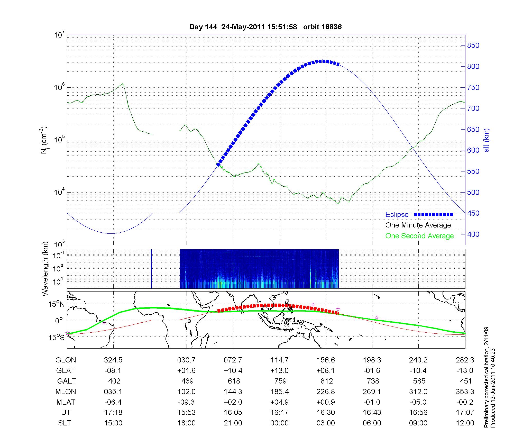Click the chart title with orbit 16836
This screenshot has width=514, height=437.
click(x=265, y=27)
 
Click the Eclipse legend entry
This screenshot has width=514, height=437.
click(x=397, y=215)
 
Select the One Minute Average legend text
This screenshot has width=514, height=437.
click(x=418, y=225)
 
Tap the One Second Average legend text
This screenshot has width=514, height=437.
click(x=419, y=236)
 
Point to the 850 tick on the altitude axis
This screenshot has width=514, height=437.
click(x=473, y=45)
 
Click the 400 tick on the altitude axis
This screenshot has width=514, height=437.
click(x=473, y=234)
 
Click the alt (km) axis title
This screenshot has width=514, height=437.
click(x=487, y=140)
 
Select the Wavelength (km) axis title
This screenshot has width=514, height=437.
click(x=45, y=269)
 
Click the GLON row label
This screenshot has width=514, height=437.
click(x=66, y=360)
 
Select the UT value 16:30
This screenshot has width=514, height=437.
click(x=326, y=413)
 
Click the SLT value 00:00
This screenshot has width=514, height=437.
click(x=279, y=423)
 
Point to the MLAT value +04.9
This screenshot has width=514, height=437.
click(x=279, y=402)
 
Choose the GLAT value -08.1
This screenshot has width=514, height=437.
click(x=113, y=371)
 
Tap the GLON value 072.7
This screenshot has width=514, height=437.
click(x=233, y=360)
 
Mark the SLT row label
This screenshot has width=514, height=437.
click(x=65, y=423)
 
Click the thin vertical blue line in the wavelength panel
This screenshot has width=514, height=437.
click(x=151, y=269)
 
